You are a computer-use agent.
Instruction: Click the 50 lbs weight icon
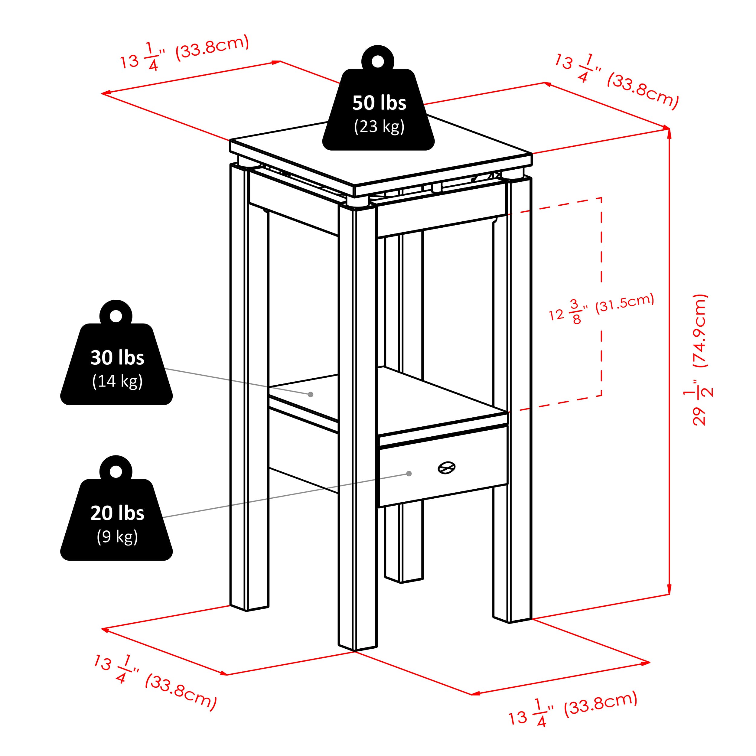378,109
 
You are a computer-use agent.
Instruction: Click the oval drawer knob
446,467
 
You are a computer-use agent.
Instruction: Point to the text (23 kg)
379,127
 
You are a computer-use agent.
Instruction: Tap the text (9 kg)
117,536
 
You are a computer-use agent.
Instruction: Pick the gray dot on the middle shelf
310,394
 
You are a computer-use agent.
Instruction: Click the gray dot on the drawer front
409,474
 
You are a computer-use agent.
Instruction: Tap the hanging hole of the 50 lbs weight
378,61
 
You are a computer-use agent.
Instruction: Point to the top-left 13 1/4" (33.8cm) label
184,53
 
